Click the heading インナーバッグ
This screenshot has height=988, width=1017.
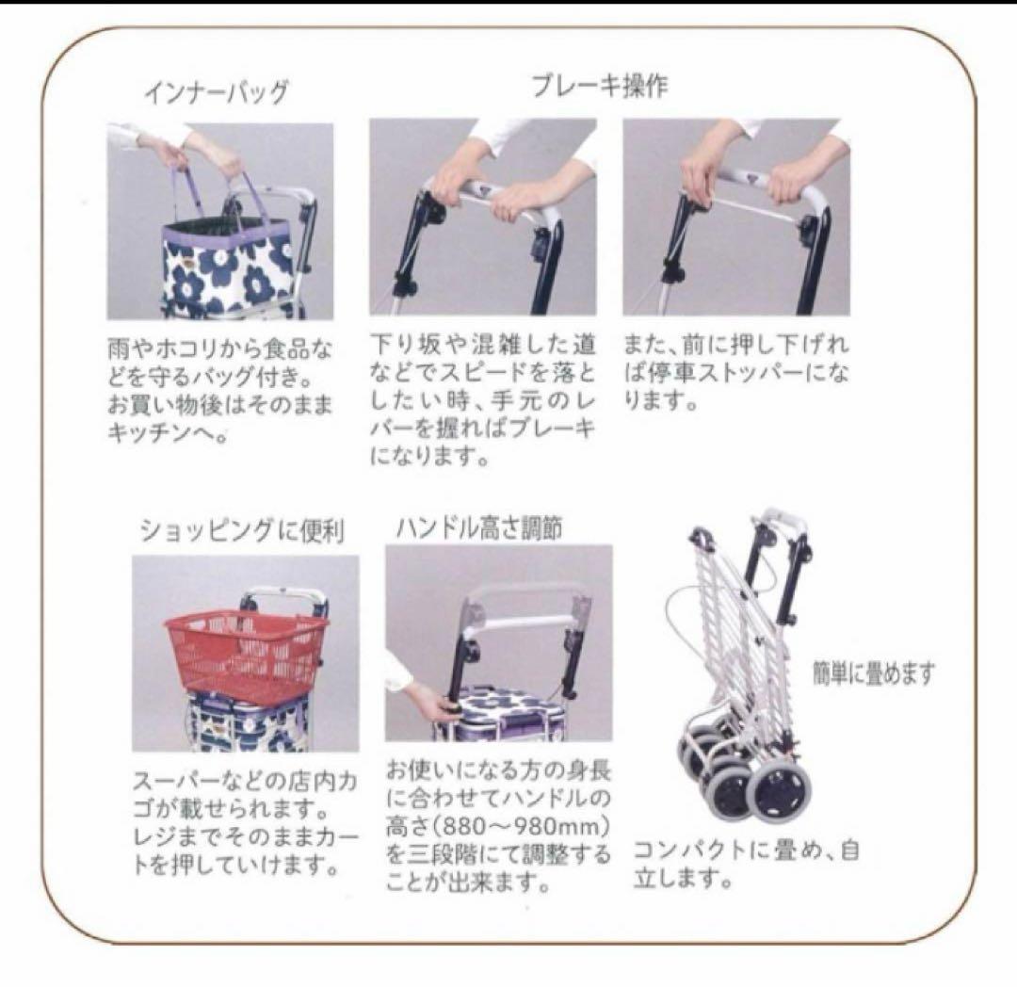coord(216,92)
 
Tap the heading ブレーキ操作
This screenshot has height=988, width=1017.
coord(599,86)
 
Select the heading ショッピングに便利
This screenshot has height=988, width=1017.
coord(242,531)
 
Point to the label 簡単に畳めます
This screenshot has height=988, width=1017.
coord(874,674)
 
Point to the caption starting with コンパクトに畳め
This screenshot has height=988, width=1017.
coord(745,865)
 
